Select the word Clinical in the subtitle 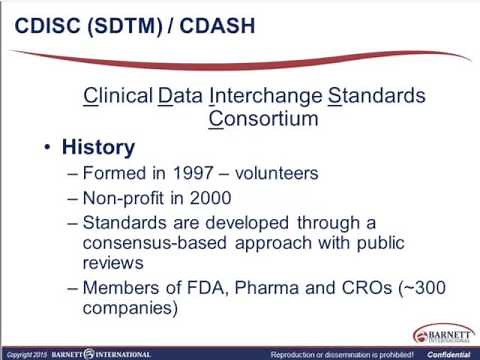point(117,97)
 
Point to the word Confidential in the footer point(452,354)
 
